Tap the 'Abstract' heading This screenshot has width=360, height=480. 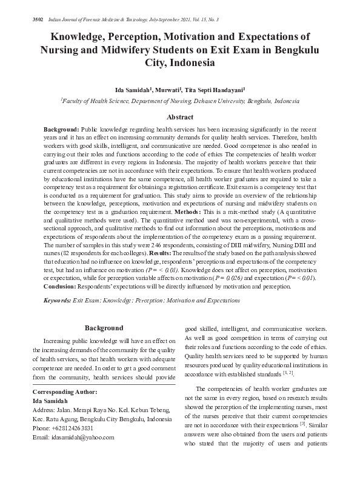180,118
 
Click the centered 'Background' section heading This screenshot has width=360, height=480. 104,328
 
